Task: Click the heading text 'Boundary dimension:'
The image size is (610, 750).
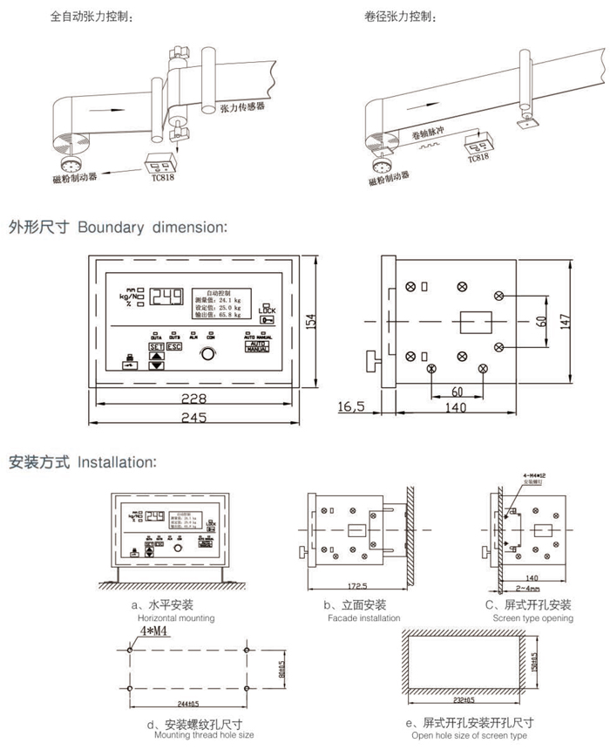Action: pos(152,228)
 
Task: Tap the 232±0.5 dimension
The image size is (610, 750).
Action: pos(464,700)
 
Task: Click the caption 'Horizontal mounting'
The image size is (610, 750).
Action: pos(172,618)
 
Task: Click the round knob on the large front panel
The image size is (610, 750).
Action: pos(207,353)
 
